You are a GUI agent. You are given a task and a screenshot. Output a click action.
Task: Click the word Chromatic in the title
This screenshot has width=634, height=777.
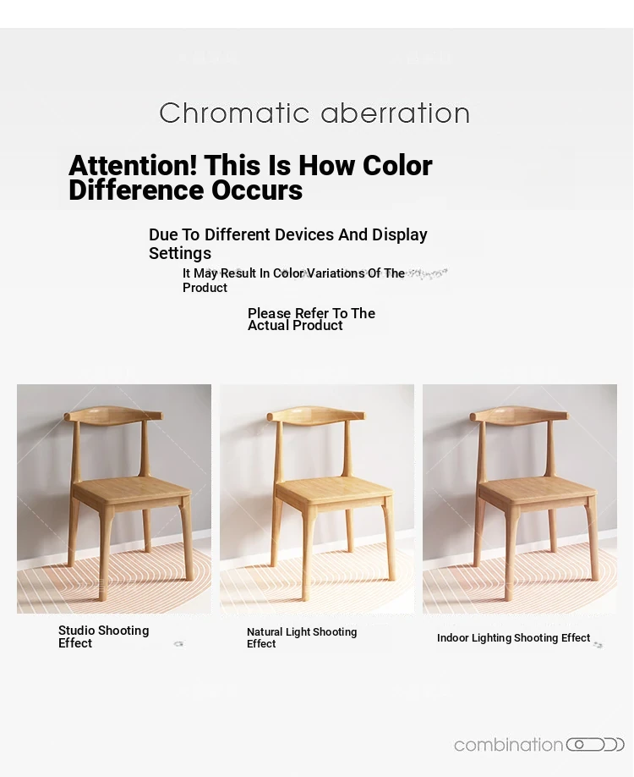click(234, 113)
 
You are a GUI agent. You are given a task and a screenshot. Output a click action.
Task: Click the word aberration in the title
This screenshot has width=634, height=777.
click(396, 113)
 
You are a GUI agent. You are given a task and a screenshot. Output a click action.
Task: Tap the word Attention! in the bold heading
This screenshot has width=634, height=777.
click(133, 165)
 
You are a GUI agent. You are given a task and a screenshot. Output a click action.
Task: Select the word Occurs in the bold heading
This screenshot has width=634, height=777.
click(257, 190)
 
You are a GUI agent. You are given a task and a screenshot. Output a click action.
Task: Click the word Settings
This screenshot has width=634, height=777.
click(180, 253)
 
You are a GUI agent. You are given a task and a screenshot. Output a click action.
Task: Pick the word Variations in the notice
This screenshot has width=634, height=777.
click(336, 273)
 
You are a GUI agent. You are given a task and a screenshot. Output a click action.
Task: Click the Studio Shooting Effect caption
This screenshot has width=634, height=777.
click(103, 636)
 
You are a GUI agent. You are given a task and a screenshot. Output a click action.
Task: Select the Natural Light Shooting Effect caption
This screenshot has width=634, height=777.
click(302, 637)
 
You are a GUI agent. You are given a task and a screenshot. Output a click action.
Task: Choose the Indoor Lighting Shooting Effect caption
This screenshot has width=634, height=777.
click(514, 637)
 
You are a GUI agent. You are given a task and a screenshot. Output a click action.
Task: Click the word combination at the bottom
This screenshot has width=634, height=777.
click(509, 745)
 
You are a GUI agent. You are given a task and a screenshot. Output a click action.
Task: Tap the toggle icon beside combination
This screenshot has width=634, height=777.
click(595, 744)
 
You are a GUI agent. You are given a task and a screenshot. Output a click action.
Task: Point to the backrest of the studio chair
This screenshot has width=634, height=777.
click(114, 416)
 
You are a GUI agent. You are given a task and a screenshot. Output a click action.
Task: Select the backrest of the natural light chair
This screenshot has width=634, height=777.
click(317, 416)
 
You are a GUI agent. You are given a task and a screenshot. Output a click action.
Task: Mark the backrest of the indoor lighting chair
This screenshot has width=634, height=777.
click(520, 416)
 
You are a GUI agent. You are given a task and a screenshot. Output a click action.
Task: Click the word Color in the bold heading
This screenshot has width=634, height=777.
click(397, 165)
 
